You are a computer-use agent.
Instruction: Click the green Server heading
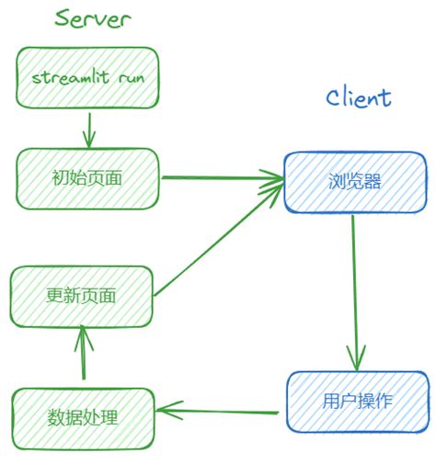point(92,18)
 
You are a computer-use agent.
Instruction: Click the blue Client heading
point(358,97)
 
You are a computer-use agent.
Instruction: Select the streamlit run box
point(87,76)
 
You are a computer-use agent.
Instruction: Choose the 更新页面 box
point(81,296)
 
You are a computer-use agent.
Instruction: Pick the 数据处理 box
point(83,417)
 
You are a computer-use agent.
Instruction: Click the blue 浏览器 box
point(354,182)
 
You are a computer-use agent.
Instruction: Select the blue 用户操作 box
point(358,402)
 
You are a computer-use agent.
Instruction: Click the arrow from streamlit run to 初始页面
point(88,129)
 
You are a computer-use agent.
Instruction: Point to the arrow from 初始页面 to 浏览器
point(221,178)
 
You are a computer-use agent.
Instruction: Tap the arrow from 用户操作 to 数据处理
point(216,410)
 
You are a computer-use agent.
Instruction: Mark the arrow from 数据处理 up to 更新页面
point(83,354)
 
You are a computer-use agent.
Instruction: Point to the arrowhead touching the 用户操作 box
point(358,361)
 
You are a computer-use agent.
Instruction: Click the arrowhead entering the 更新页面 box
point(83,333)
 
